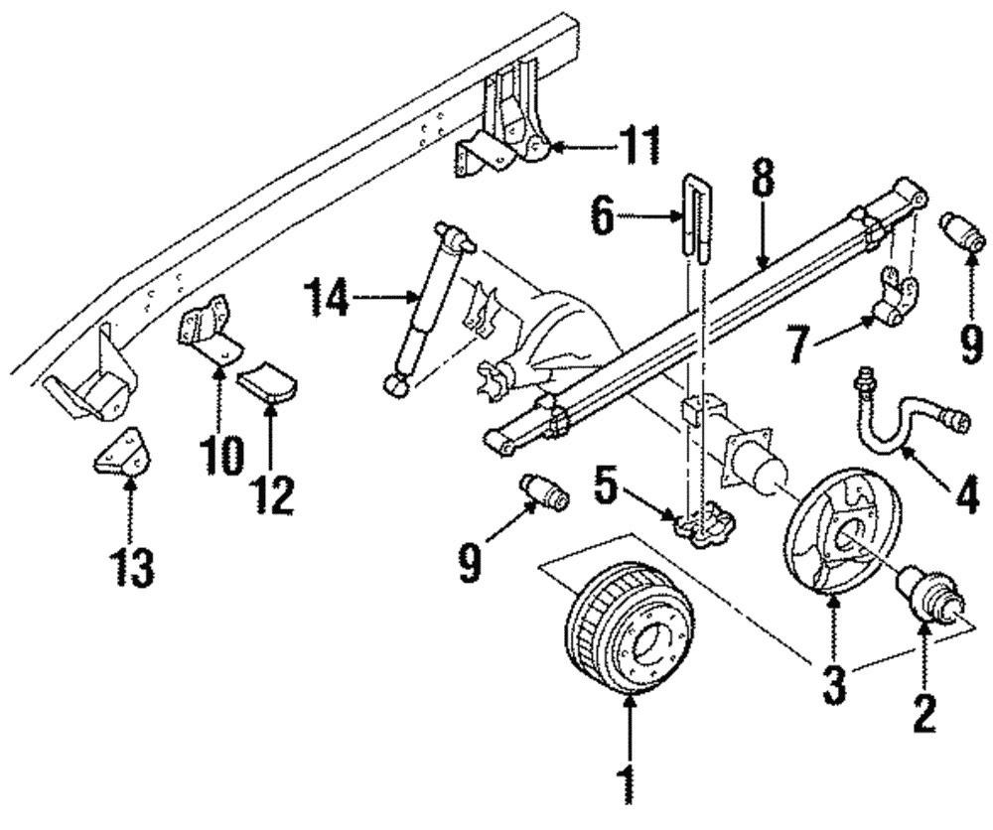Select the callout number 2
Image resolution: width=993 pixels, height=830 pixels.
924,713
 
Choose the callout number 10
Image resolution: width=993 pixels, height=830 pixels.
220,456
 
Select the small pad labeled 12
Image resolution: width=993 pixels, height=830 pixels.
270,381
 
